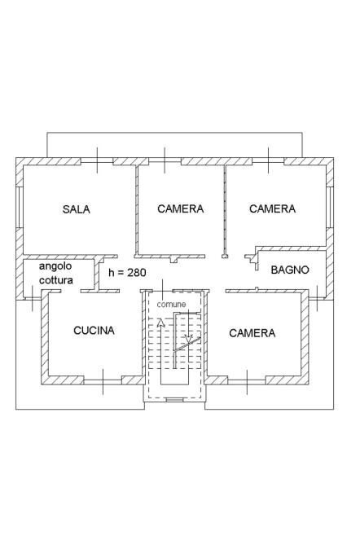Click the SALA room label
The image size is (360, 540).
76,209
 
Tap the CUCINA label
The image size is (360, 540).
94,331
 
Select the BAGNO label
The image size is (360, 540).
290,270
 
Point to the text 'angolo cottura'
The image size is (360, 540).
56,274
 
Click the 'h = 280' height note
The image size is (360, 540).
127,272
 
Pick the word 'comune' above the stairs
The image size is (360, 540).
171,304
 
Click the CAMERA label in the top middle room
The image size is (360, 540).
180,209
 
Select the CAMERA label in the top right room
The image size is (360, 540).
272,209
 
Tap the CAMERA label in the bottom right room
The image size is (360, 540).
252,333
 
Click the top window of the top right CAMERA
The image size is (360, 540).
270,161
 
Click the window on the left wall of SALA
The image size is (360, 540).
20,209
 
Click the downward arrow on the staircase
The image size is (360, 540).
189,336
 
